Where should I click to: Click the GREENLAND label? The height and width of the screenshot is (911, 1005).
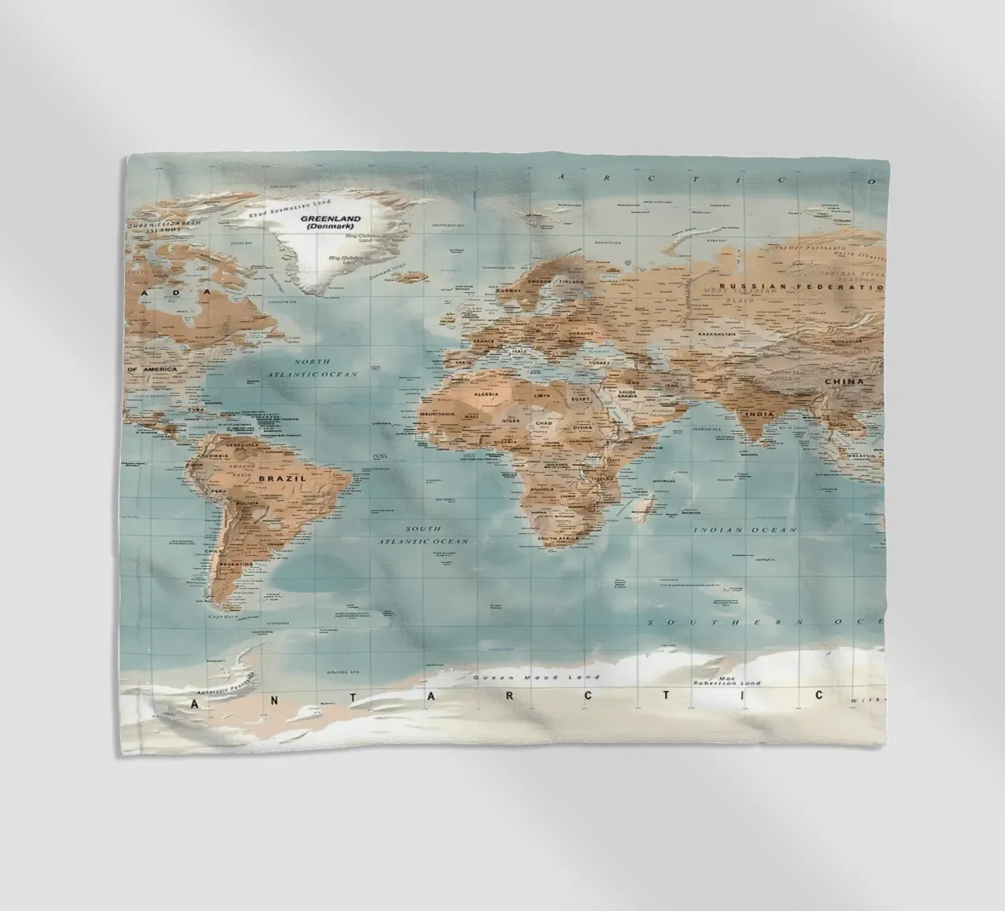coord(332,219)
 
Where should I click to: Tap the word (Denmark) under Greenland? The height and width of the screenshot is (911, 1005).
coord(332,227)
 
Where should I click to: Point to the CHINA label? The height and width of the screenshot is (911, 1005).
coord(843,382)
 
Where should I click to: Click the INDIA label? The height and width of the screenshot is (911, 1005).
coord(759,414)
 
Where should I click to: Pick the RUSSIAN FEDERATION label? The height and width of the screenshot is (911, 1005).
coord(801,287)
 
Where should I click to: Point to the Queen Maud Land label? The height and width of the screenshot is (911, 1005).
coord(536,677)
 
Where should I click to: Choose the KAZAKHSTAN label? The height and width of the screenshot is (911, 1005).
coord(716,334)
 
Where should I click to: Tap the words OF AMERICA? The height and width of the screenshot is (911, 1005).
coord(152,368)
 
